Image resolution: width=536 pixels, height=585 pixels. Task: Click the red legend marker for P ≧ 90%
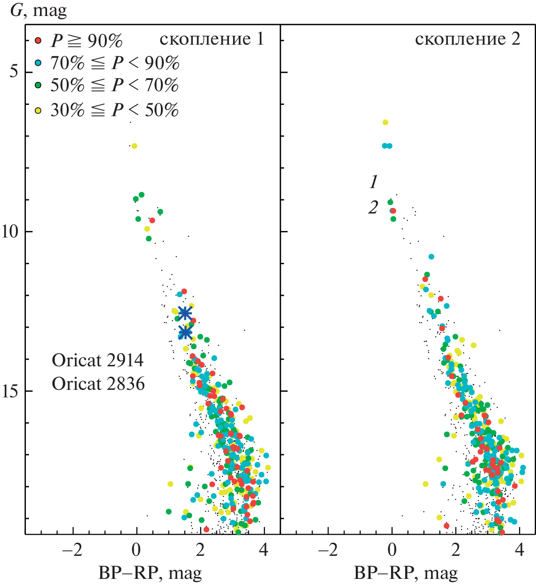[39, 41]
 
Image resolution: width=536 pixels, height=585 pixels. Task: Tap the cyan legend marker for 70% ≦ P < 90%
[39, 63]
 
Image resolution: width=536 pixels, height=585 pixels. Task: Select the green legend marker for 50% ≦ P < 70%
[39, 85]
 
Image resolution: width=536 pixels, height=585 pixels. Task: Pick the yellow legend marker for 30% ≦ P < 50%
[39, 110]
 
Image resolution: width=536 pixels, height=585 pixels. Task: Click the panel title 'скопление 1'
[212, 39]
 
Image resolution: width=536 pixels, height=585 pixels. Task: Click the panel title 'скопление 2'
[467, 39]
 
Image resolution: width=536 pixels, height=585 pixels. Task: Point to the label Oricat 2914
[98, 361]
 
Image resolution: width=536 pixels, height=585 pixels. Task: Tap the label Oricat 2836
[98, 384]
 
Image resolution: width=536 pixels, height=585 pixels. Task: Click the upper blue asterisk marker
[185, 313]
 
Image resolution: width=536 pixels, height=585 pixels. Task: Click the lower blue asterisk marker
[185, 332]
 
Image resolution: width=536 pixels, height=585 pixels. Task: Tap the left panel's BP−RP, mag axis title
[150, 573]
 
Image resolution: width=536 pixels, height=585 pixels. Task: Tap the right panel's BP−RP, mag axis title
[406, 573]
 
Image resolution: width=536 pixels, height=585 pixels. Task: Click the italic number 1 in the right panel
[374, 182]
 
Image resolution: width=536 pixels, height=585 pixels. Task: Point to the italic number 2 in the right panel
[373, 207]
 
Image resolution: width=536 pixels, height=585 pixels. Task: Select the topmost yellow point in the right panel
[385, 122]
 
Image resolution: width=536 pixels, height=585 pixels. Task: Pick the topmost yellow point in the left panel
[134, 146]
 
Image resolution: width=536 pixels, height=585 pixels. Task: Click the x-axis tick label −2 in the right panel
[328, 550]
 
